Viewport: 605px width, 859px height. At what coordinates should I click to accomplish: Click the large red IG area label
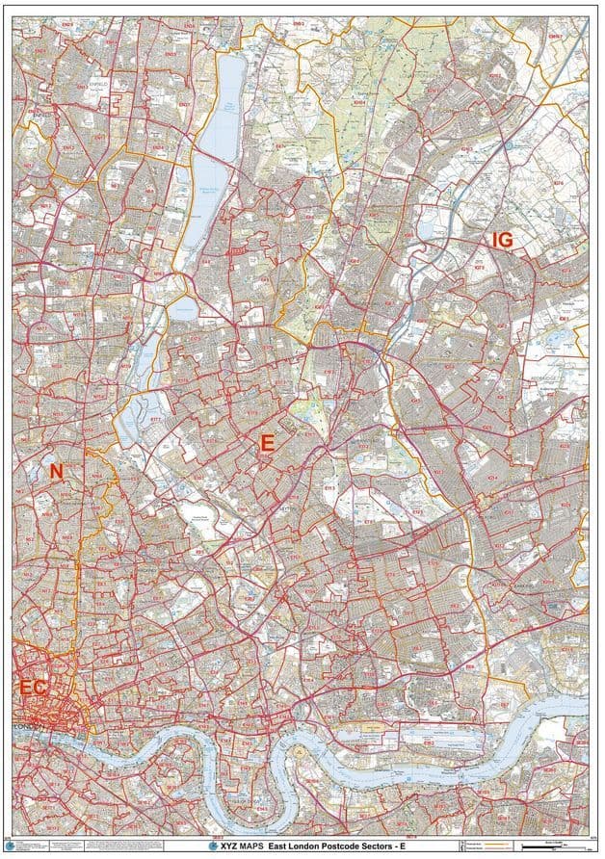coord(502,240)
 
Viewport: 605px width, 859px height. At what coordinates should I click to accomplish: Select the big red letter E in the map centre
coord(268,442)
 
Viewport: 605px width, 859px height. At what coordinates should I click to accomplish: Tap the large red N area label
coord(56,471)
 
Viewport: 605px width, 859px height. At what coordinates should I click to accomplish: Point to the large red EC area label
coord(34,687)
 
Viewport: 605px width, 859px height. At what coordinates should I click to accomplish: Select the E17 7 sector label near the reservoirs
coord(154,420)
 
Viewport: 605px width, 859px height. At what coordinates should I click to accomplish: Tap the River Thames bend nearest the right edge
coord(568,708)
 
